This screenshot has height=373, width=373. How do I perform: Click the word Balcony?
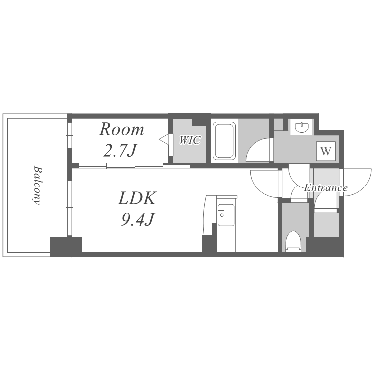tap(37, 185)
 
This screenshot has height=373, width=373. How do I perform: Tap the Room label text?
tap(121, 130)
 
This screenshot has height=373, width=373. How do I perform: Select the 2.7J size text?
tap(120, 151)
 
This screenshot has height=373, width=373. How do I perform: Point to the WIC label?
tap(189, 140)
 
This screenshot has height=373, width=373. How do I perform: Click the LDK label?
tap(137, 198)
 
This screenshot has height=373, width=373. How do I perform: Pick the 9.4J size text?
tap(138, 219)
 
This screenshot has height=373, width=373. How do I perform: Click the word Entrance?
tap(326, 188)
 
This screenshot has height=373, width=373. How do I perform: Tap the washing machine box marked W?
tap(326, 151)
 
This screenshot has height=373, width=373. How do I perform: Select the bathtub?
tap(224, 141)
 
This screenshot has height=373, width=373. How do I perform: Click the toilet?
tap(293, 241)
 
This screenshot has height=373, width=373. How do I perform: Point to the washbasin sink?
tap(301, 127)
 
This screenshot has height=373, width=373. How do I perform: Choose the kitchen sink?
tap(226, 215)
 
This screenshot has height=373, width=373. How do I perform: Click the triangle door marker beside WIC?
tap(164, 140)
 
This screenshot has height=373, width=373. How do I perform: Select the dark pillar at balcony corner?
tap(66, 247)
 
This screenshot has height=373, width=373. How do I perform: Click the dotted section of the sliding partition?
tap(177, 166)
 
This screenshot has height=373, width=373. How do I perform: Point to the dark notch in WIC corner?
tap(199, 122)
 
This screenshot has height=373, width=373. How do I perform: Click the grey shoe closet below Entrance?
tap(326, 225)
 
